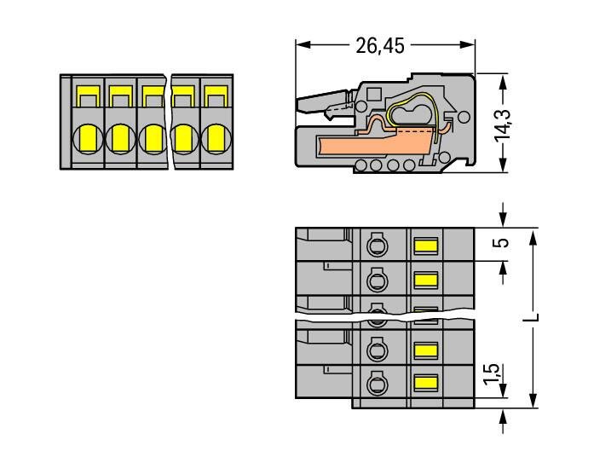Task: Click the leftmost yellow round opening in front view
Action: point(89,136)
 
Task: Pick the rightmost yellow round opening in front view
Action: point(215,136)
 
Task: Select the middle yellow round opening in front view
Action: point(153,136)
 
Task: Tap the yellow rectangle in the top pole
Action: point(425,246)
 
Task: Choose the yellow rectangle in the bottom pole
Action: point(425,383)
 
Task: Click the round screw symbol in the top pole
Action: point(374,247)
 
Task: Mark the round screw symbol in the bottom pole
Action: point(374,384)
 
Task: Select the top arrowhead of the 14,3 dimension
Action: point(504,79)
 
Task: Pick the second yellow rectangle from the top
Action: point(425,279)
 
